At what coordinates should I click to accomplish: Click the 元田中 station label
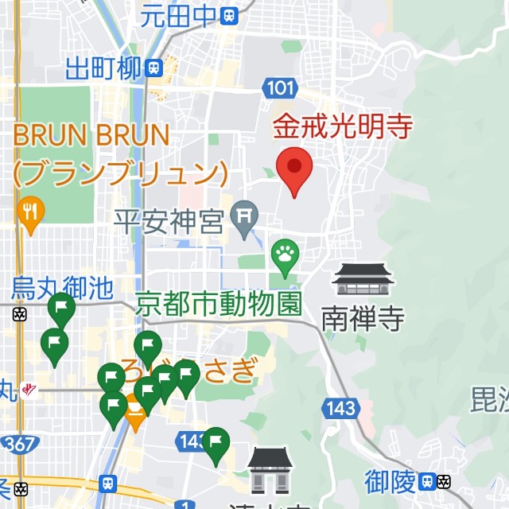point(179,14)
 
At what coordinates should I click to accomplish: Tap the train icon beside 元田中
point(230,14)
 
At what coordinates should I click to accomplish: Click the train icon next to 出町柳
point(154,68)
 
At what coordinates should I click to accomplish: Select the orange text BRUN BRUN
point(91,135)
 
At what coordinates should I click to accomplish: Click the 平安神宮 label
point(169,221)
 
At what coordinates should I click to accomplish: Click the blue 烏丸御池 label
point(62,288)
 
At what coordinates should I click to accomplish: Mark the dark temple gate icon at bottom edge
point(270,469)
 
